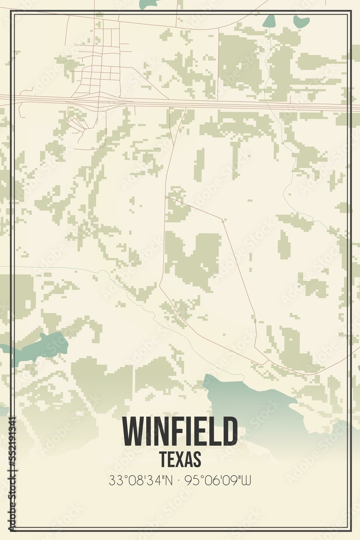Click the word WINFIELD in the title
[180, 431]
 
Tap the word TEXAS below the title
[180, 459]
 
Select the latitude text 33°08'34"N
[141, 480]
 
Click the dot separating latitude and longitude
[180, 480]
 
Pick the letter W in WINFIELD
[133, 431]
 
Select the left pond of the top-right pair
[269, 21]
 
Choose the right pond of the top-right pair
[301, 22]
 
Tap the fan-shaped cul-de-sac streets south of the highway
[77, 124]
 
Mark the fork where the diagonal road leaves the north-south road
[166, 197]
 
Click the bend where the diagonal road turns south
[222, 219]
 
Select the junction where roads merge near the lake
[264, 362]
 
